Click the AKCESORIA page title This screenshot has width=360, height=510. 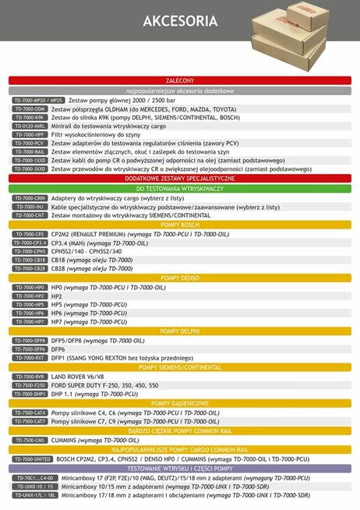180,23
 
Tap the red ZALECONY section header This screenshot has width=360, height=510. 180,80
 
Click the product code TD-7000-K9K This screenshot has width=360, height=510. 30,119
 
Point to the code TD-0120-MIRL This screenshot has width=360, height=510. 30,126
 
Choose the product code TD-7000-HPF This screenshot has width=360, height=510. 30,135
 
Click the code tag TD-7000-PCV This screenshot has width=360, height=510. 30,143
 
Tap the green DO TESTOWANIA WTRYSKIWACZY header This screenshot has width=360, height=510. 180,189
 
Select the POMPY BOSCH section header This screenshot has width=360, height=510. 180,225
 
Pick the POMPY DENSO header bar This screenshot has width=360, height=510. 180,278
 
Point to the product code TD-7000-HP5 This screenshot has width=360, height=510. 30,305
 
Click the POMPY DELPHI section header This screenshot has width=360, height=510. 180,331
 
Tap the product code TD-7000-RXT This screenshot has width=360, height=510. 30,358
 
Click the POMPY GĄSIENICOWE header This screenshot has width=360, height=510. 180,403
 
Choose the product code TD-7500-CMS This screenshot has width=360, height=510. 30,440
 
